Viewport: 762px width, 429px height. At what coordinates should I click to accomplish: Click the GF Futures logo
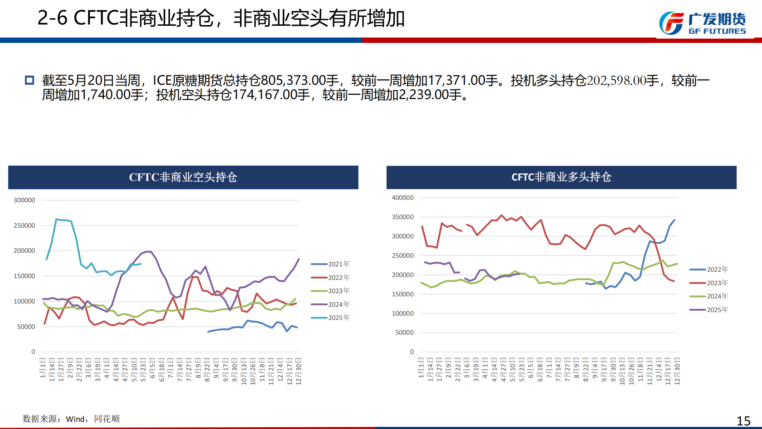pos(702,24)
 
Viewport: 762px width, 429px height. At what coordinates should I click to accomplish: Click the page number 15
pos(743,421)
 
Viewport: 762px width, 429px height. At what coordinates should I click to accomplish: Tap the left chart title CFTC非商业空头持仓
pos(183,177)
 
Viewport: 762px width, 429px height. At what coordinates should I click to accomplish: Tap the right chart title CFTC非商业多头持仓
pos(561,177)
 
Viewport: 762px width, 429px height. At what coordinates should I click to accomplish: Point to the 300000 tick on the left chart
pos(24,200)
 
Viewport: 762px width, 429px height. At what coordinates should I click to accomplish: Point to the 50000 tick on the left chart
pos(26,327)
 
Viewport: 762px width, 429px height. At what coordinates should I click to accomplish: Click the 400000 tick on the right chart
pos(403,198)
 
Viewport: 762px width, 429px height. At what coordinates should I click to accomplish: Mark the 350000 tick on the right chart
pos(403,217)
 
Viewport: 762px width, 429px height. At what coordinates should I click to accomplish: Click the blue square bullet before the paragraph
pos(29,80)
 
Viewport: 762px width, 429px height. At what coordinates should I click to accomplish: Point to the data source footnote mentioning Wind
pos(71,419)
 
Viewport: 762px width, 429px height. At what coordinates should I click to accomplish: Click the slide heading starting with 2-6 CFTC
pos(221,18)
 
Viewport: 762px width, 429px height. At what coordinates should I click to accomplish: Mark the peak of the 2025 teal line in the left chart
pos(56,219)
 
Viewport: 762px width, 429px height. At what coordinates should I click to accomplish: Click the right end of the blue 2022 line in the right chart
pos(674,220)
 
